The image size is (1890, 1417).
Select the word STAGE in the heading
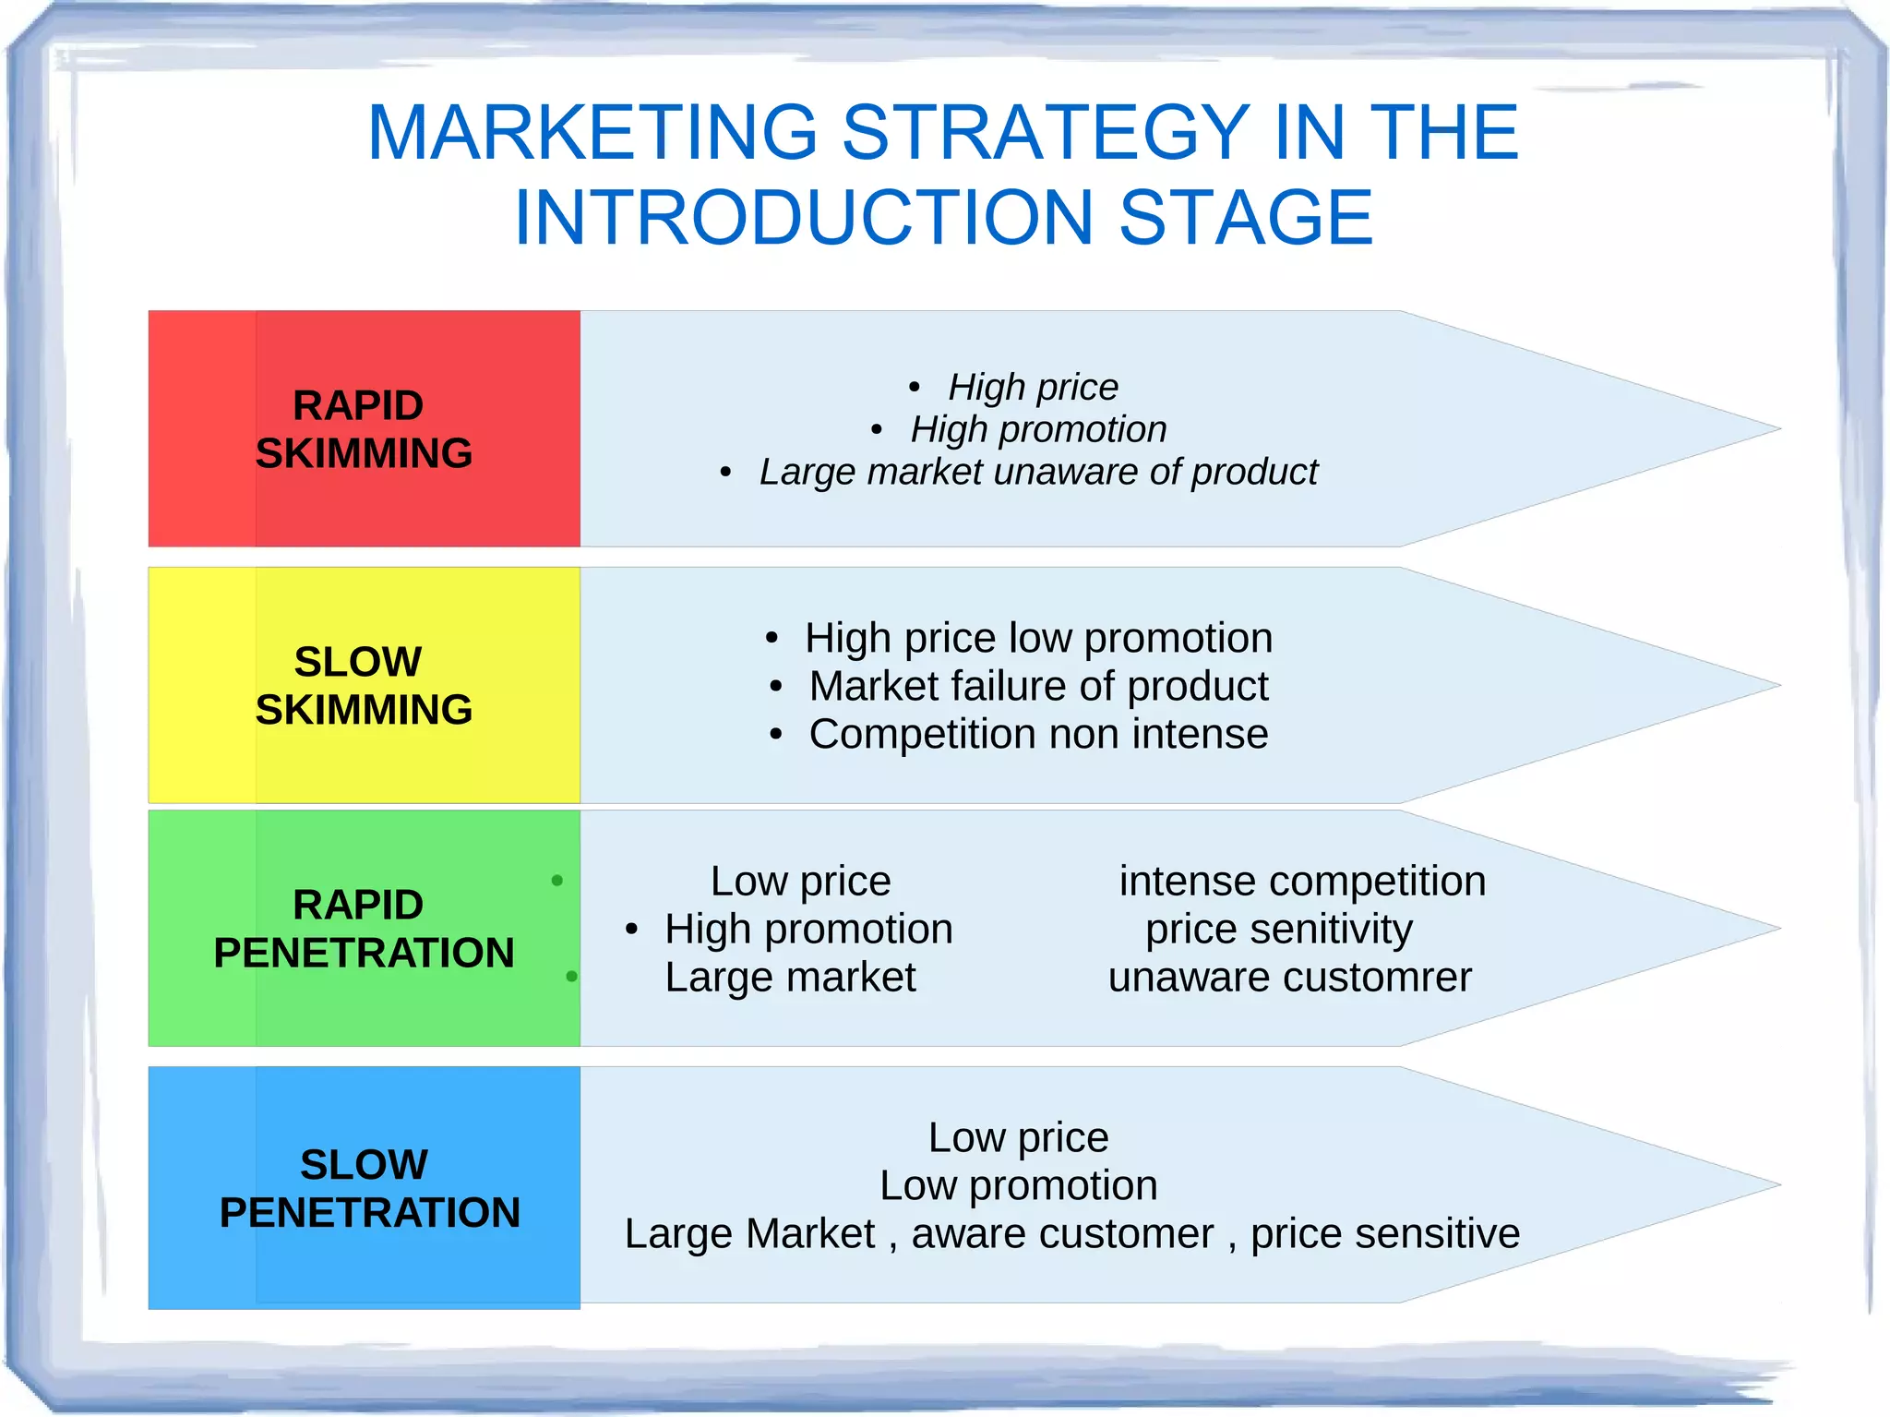1246,218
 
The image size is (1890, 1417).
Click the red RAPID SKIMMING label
364,429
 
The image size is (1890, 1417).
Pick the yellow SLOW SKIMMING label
364,686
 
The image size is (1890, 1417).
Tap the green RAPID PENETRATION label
364,929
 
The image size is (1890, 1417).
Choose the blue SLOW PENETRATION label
369,1188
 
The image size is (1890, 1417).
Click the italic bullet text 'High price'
1033,387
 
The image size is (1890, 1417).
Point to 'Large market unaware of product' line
1038,472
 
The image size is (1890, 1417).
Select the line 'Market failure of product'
1038,686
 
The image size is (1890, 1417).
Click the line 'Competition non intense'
1038,735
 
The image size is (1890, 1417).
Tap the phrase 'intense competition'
1302,882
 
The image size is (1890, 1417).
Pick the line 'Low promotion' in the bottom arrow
1018,1186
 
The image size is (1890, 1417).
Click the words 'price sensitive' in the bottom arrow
1384,1234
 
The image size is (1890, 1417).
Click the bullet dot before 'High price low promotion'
772,639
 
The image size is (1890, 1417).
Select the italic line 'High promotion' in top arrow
1038,429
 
